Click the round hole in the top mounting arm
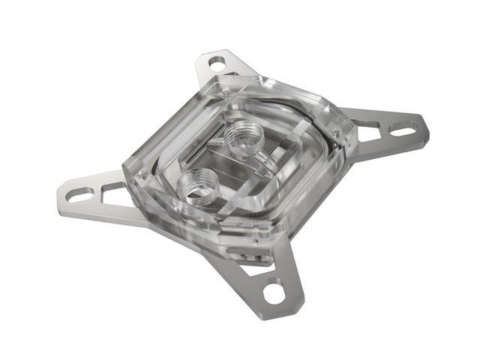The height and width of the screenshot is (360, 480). coord(216,65)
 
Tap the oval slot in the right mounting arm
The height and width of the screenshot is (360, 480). coord(403,132)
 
